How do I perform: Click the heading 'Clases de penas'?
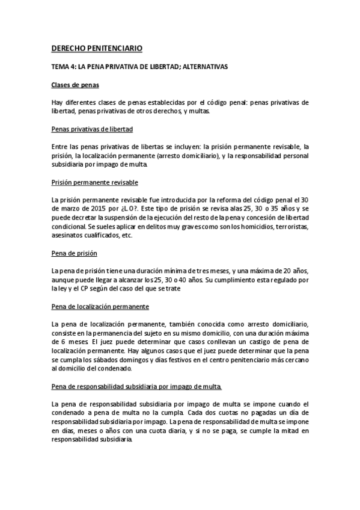click(x=75, y=85)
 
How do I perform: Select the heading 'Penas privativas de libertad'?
click(x=92, y=129)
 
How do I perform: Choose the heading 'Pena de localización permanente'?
click(x=100, y=306)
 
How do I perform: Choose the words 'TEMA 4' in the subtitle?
click(x=65, y=67)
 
